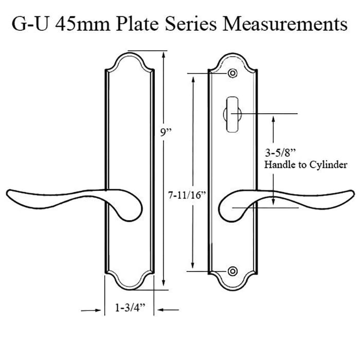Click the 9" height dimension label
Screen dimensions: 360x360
[x=166, y=132]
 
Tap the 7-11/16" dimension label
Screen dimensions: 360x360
[x=187, y=195]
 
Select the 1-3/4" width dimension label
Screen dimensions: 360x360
[x=130, y=308]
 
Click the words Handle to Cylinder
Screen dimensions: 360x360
[x=305, y=165]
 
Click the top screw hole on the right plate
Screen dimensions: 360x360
[x=233, y=74]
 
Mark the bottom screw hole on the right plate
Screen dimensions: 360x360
[x=233, y=271]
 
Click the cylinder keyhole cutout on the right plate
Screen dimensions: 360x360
[x=233, y=111]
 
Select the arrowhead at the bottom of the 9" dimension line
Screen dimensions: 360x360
[x=163, y=284]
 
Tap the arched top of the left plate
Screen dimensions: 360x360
[x=131, y=53]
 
